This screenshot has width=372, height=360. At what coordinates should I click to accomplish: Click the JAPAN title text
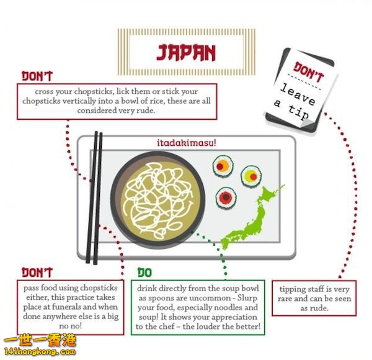(185, 52)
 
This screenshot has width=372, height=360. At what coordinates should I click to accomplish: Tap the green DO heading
(145, 272)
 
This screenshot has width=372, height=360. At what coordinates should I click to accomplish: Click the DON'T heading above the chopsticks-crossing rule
(37, 76)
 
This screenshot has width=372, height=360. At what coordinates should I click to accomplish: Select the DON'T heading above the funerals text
(37, 272)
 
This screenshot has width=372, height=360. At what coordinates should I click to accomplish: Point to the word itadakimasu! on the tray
(186, 143)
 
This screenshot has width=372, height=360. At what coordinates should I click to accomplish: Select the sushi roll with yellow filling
(250, 176)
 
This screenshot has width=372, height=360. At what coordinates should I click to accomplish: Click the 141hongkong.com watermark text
(38, 352)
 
